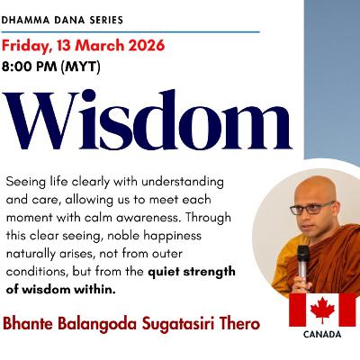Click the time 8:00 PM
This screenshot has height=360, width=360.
click(x=40, y=65)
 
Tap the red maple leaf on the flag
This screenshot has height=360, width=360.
click(x=321, y=309)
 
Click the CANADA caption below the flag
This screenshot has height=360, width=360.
click(x=321, y=335)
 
